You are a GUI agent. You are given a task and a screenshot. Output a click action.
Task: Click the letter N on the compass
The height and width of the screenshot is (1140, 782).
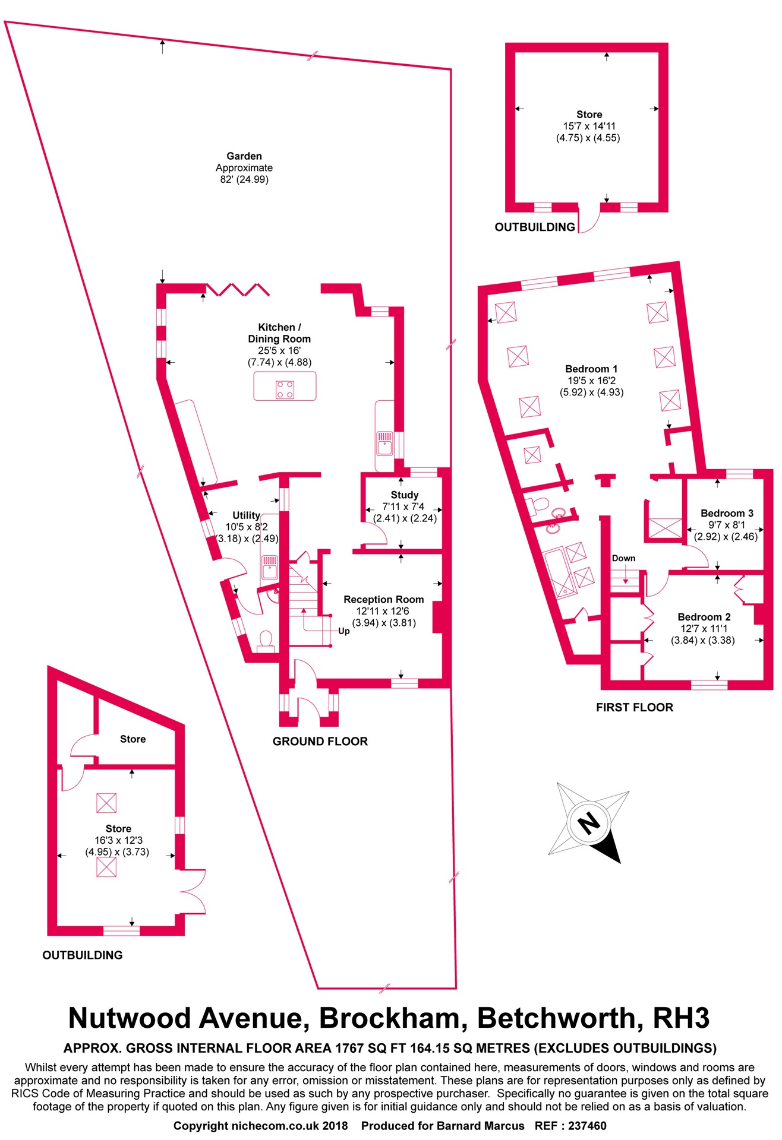[x=589, y=823]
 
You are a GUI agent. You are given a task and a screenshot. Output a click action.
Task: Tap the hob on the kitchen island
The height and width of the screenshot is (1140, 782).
[x=285, y=389]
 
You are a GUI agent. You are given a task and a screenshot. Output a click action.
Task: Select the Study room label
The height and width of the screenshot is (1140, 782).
[x=405, y=495]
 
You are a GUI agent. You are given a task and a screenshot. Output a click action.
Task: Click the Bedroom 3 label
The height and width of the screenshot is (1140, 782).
[x=727, y=513]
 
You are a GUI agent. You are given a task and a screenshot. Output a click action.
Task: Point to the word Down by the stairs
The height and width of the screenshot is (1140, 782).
[x=623, y=558]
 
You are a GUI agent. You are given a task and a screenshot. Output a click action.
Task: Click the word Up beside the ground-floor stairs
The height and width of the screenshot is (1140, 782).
[x=343, y=631]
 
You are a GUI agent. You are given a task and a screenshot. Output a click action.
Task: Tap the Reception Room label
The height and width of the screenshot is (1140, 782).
[x=383, y=599]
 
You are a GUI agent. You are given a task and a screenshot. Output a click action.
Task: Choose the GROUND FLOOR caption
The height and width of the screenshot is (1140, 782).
[x=320, y=741]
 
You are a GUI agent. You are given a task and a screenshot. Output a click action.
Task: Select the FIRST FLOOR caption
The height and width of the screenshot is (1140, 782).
[x=634, y=707]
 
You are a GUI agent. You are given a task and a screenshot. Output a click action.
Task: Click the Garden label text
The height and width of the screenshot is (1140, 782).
[x=244, y=156]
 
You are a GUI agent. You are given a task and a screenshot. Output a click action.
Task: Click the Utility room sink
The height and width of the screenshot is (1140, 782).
[x=269, y=567]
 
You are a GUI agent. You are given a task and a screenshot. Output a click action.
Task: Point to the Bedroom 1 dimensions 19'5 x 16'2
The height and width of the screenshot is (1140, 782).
[x=591, y=381]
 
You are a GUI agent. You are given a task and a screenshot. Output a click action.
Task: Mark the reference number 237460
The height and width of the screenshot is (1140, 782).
[x=587, y=1126]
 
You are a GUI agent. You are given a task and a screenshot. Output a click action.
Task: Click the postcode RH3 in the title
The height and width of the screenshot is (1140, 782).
[x=681, y=1018]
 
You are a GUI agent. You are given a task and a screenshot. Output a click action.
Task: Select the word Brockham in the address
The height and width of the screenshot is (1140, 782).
[x=389, y=1018]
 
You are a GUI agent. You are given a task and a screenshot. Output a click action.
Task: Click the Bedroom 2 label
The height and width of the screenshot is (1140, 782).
[x=704, y=617]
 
